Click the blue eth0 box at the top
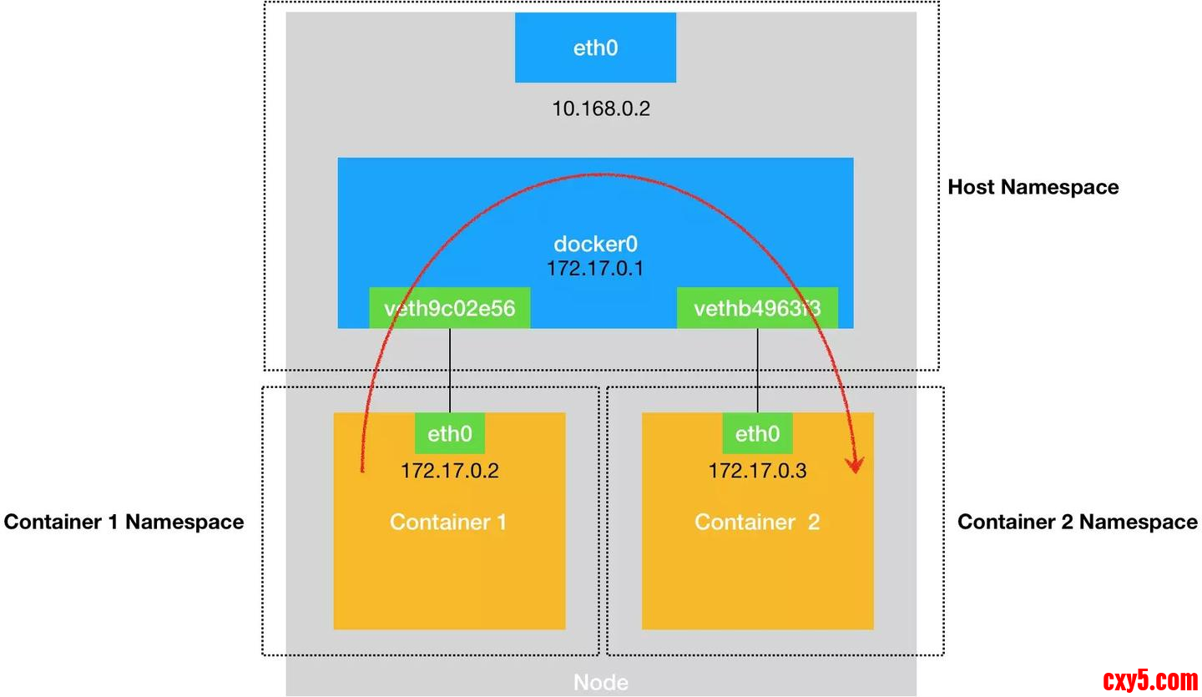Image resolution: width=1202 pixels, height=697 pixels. point(595,48)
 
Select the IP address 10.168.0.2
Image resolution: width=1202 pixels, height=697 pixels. point(600,108)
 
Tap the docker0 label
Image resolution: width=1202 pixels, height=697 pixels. point(595,245)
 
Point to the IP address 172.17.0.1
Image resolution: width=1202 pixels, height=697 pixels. point(595,269)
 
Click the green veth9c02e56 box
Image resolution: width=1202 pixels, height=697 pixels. point(450,308)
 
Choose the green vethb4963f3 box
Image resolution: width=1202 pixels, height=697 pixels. point(757,308)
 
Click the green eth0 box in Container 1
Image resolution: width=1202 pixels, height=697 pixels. point(450,434)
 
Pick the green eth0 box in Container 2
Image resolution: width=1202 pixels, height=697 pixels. point(757,434)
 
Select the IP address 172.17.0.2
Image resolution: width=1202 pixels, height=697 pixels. point(450,470)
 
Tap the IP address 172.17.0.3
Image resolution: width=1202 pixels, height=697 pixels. point(757,470)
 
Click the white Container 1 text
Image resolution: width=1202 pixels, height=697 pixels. point(448,522)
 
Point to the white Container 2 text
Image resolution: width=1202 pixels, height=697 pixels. point(757,522)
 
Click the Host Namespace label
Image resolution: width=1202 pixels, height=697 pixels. point(1033,187)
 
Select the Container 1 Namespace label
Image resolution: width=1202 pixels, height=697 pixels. point(124,522)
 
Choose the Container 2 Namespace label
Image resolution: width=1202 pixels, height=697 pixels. point(1077,522)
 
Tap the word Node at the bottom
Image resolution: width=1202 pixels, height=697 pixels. point(601,682)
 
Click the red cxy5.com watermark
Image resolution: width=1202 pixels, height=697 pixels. point(1150,680)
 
